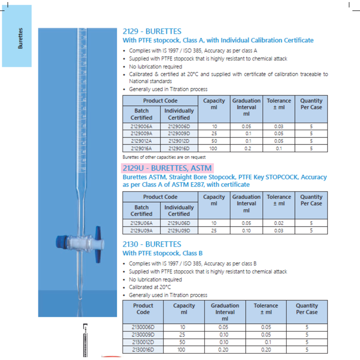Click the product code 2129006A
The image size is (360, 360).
141,127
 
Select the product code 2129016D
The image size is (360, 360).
179,148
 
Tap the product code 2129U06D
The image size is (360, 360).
179,223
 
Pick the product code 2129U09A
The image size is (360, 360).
141,231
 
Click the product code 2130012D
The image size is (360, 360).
143,342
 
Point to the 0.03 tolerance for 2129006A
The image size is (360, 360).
279,127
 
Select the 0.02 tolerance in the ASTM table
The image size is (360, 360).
279,223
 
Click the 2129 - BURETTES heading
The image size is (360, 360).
152,31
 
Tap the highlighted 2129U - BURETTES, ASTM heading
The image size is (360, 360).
167,168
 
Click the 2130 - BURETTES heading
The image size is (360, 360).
152,244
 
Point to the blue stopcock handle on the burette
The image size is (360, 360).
98,244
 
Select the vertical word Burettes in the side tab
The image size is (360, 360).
20,38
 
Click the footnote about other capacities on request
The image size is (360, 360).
164,157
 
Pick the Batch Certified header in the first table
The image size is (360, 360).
141,114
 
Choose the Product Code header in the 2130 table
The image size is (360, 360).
143,308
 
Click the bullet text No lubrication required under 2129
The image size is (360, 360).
155,66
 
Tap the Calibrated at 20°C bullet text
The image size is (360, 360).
150,287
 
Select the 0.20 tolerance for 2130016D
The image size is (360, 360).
266,350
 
